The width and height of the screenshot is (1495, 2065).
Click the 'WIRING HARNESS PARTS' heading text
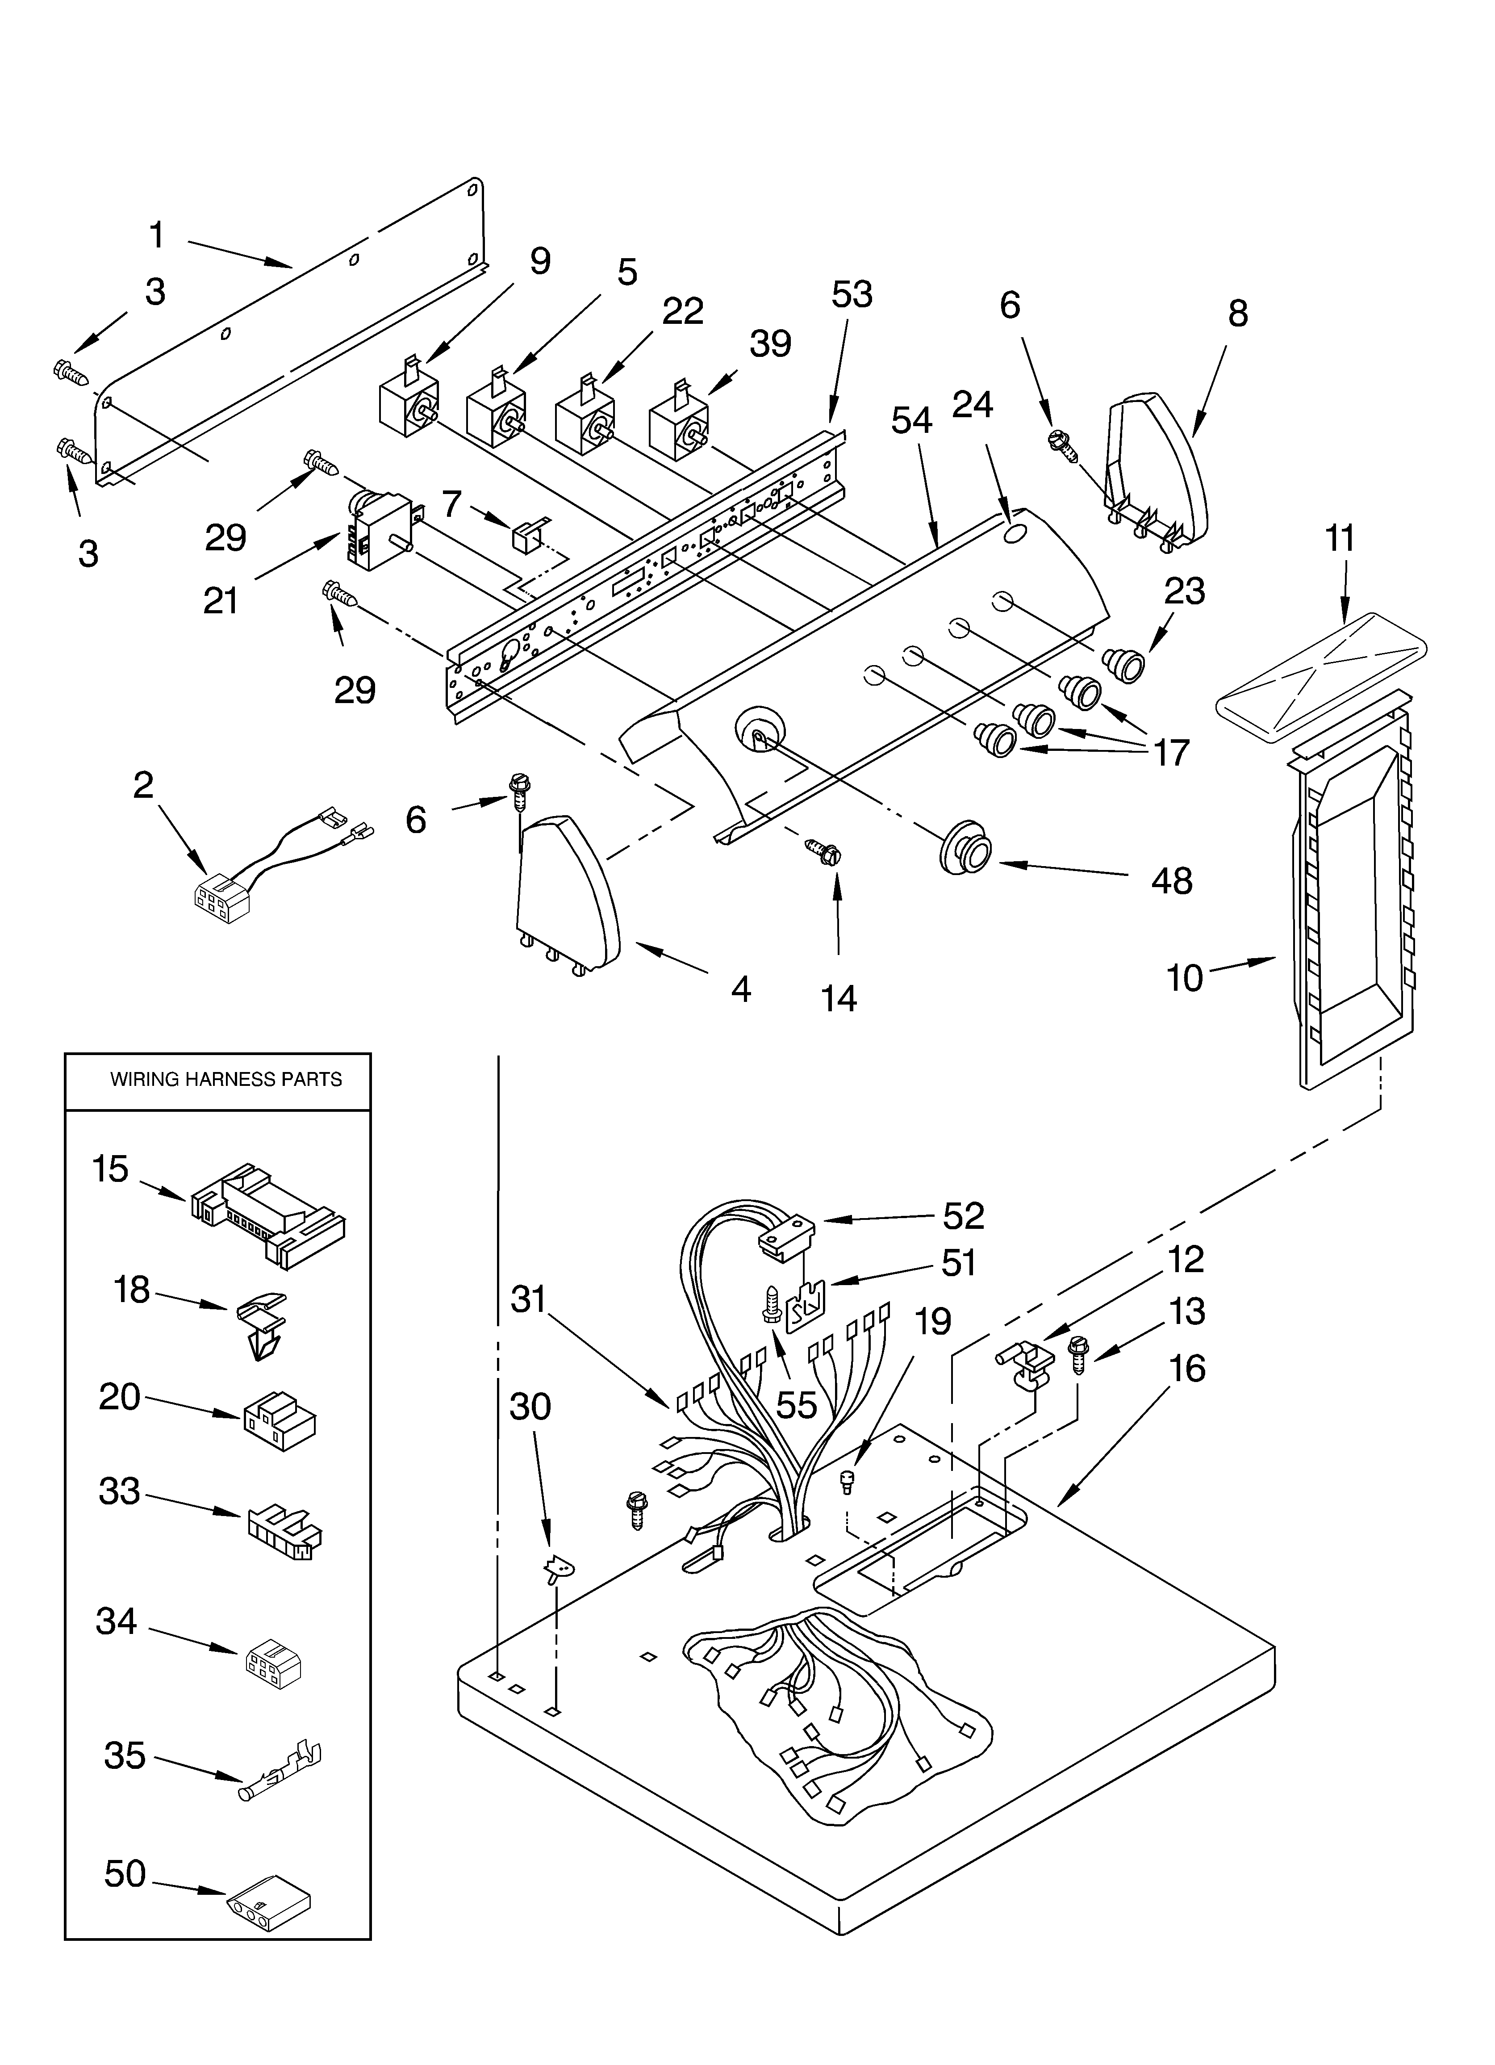coord(226,1080)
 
